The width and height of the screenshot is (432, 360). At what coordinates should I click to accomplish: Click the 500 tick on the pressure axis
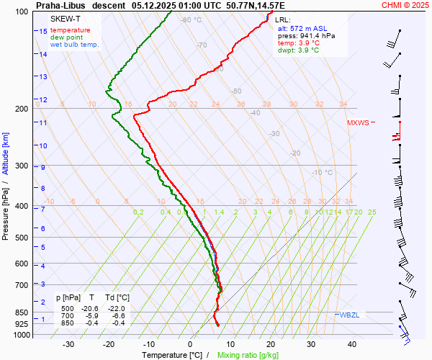click(22, 238)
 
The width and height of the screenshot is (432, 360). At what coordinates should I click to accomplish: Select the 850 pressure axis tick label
click(22, 313)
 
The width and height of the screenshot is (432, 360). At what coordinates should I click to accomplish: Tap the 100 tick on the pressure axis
click(22, 12)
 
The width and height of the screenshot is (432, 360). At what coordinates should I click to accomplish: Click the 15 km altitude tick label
click(43, 32)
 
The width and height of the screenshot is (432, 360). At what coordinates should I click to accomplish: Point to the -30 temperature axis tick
click(68, 344)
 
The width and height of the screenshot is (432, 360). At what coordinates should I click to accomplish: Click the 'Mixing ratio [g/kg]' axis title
click(248, 355)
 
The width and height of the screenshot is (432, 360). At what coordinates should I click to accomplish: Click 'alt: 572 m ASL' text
click(302, 27)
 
